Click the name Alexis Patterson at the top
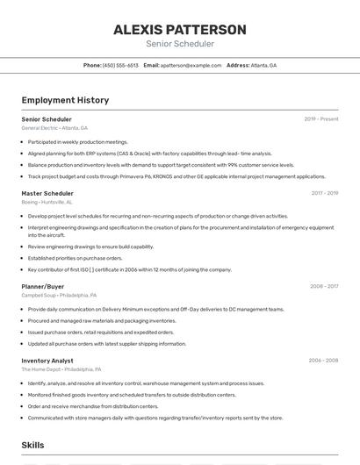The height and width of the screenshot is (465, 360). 179,29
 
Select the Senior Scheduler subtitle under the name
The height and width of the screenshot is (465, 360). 179,44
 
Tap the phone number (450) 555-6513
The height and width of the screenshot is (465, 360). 120,65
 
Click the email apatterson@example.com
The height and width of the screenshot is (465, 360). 191,65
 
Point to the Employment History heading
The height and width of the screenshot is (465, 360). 65,100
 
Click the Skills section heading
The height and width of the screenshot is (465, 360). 33,445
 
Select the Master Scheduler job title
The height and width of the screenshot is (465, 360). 47,193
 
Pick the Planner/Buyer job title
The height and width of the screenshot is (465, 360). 43,286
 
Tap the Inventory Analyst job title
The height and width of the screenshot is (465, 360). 47,361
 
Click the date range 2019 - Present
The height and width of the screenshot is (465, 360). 321,118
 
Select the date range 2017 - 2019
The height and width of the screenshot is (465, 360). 325,193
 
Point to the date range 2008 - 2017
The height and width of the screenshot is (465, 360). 324,286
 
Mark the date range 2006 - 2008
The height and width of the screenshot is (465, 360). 323,361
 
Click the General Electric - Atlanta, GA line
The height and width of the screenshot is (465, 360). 54,128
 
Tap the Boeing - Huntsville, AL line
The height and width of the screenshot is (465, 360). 47,202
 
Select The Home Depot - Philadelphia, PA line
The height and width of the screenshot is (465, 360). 61,369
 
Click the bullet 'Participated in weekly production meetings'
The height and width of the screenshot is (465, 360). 77,141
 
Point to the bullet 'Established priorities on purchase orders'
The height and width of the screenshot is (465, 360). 76,258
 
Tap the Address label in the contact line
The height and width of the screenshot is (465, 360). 238,65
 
